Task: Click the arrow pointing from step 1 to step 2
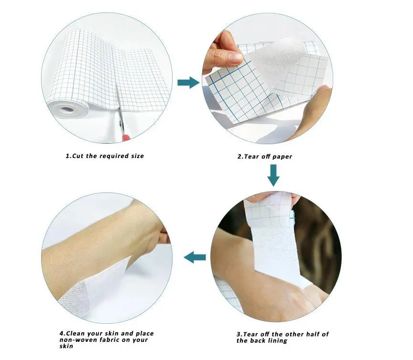(188, 83)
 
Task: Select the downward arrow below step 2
(273, 175)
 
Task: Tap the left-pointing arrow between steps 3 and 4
(195, 258)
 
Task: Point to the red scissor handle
(126, 138)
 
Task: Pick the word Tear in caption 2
(252, 156)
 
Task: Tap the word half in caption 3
(313, 334)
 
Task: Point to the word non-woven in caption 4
(76, 340)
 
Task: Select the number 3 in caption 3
(239, 334)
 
